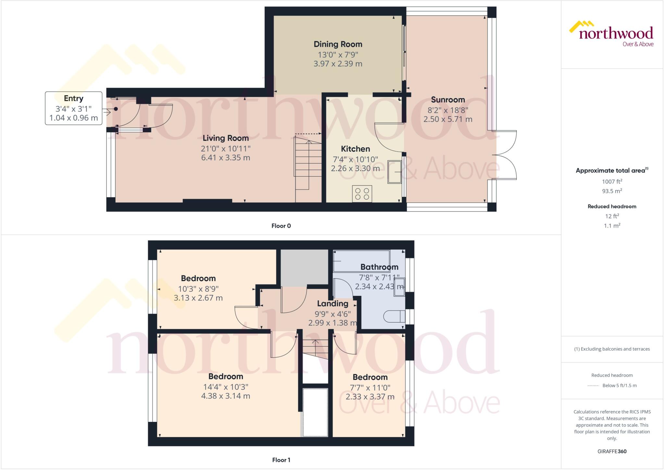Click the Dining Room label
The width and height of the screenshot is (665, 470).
coord(338,44)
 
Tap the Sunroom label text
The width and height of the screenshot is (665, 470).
coord(448,100)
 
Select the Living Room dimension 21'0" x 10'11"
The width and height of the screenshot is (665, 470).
coord(226,148)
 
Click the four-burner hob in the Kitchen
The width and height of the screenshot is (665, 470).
coord(362,194)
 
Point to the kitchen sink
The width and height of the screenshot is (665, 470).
coord(395,172)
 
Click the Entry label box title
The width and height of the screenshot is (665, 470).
coord(73,98)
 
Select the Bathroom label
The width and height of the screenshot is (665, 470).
coord(379,267)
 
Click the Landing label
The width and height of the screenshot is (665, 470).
coord(332,304)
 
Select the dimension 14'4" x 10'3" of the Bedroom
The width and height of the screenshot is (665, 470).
coord(226,387)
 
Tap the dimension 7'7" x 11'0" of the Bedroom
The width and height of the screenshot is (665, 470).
coord(370,387)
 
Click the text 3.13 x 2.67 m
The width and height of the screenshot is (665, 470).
coord(198,298)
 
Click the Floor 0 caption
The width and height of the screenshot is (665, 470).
coord(281,226)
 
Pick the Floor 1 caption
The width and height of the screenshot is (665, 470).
coord(281,460)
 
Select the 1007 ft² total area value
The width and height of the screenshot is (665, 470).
coord(612,182)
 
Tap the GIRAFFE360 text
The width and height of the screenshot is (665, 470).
coord(612,451)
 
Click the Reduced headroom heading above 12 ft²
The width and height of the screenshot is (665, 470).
coord(612,206)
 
